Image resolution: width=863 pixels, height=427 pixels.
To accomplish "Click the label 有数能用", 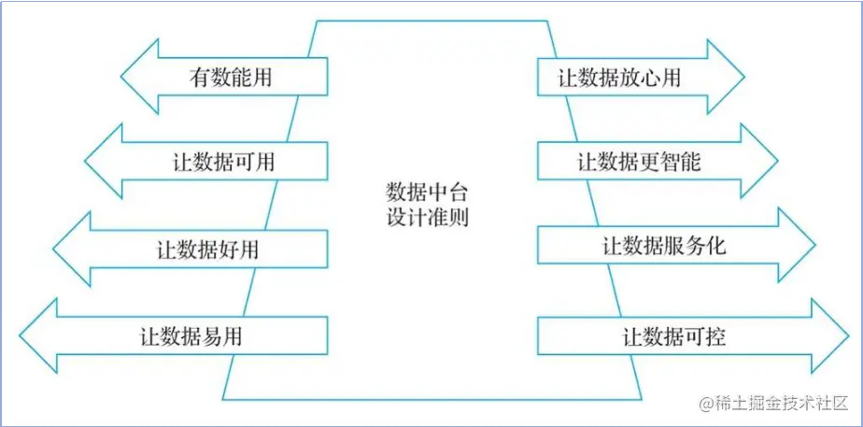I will [231, 77].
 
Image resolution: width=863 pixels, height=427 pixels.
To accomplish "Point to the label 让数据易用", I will [191, 334].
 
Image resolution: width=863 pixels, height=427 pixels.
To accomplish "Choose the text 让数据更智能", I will [639, 162].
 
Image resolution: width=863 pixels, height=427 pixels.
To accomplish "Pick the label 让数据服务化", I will [664, 247].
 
